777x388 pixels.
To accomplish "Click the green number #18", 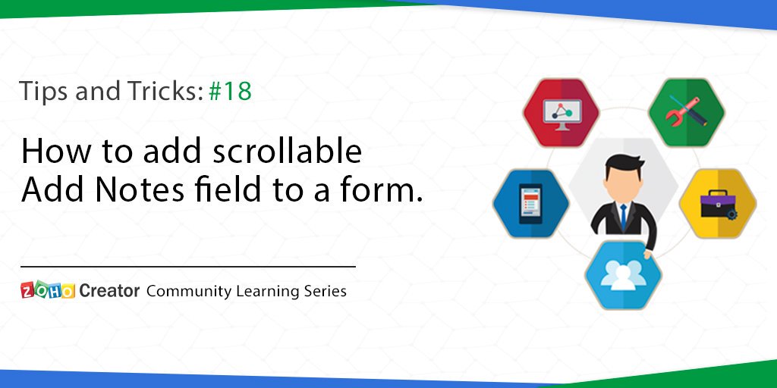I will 229,92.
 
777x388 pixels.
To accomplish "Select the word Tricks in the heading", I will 166,92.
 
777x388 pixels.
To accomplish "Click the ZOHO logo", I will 48,290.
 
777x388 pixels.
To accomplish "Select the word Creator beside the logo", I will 109,290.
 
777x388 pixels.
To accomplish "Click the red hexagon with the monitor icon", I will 562,114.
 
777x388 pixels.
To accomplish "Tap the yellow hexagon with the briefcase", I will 718,202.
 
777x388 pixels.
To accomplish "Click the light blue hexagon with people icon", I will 624,274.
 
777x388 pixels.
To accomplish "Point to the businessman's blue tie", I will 623,216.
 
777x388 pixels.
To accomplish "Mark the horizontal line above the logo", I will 188,267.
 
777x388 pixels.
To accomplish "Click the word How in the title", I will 50,152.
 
